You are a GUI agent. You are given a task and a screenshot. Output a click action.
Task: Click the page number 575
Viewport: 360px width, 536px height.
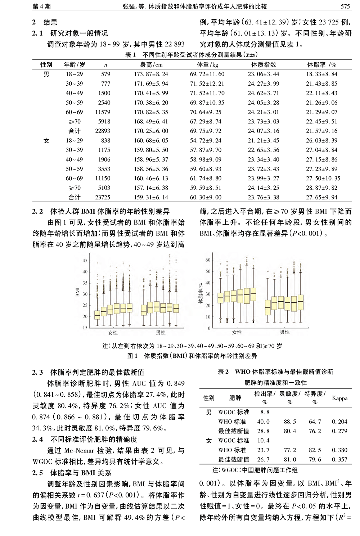345,6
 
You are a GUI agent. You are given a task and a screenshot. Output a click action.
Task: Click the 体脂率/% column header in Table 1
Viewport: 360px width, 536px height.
321,65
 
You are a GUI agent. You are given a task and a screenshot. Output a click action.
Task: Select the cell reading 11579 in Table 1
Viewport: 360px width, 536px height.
103,112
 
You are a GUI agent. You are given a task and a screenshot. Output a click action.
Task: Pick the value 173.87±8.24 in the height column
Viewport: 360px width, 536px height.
151,74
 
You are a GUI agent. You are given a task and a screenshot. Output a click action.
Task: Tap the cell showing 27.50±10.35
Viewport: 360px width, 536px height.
323,179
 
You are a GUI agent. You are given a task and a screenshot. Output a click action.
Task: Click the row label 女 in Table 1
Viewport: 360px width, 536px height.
46,141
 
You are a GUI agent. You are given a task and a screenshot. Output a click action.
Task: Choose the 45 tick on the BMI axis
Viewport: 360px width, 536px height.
85,261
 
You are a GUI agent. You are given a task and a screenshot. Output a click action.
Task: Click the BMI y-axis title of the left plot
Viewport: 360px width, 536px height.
77,292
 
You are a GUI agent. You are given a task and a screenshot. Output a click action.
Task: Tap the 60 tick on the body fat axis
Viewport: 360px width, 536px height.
208,260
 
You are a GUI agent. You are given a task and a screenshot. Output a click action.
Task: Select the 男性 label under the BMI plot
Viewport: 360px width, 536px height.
161,333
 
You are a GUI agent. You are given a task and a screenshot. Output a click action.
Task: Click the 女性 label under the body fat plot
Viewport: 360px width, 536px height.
237,332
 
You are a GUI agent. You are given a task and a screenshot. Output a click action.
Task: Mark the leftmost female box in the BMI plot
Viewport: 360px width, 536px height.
97,315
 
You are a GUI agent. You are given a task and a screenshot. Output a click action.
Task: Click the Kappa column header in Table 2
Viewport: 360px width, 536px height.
340,398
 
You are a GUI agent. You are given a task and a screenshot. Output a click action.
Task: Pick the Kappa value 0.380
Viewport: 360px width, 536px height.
340,450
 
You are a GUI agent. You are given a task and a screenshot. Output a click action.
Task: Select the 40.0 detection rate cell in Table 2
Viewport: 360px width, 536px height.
264,422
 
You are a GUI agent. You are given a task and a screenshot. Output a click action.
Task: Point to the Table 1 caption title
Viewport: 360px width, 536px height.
191,55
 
